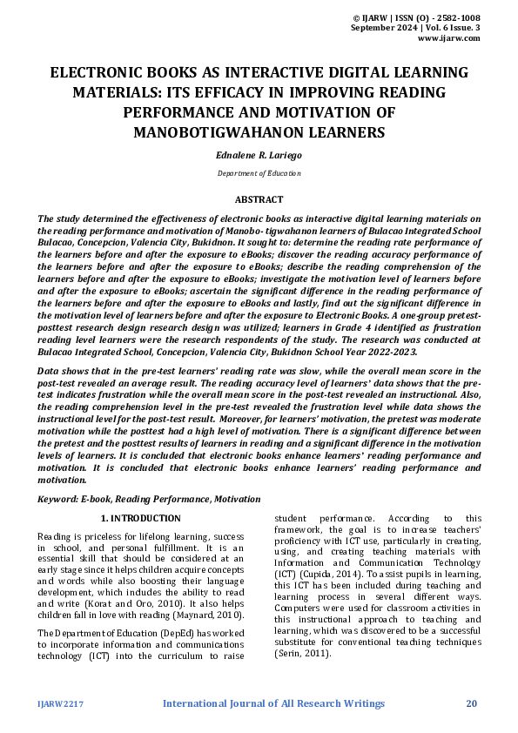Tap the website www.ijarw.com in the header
point(449,38)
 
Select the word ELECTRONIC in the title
point(98,73)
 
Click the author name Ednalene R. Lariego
point(259,153)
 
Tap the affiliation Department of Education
point(259,173)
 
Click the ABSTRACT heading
point(259,199)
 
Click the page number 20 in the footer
point(473,703)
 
